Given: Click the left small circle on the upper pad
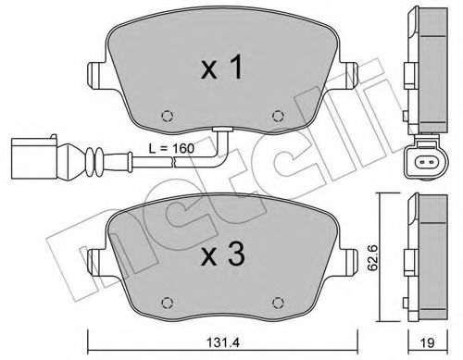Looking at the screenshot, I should pos(167,116).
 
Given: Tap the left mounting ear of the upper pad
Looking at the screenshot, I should pos(95,73).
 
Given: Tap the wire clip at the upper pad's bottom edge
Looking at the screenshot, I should pos(220,130).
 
